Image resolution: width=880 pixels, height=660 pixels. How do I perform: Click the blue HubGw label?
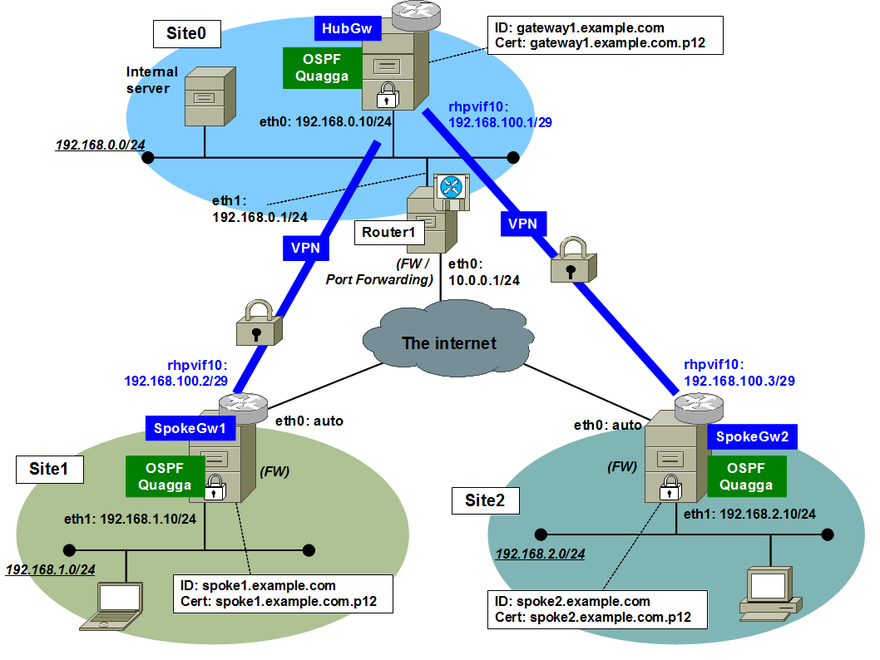click(347, 30)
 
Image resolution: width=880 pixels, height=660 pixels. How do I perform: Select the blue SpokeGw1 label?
click(190, 429)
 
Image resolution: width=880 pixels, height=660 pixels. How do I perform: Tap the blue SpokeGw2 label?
click(752, 437)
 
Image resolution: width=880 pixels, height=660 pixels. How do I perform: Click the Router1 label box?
click(388, 232)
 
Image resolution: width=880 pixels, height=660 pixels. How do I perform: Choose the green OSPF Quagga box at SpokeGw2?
click(746, 477)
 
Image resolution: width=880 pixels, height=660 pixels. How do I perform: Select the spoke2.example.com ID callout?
click(597, 608)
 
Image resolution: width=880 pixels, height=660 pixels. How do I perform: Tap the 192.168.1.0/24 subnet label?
click(50, 570)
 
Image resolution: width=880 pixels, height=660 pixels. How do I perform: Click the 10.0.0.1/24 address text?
click(485, 280)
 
